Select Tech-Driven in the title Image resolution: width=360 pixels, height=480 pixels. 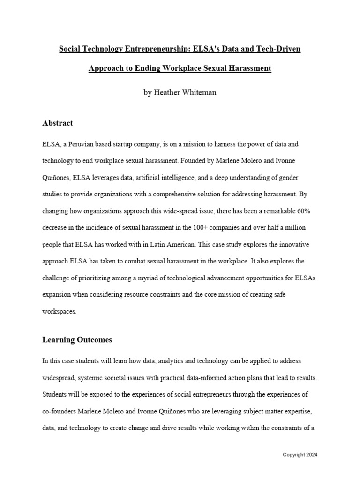coord(280,49)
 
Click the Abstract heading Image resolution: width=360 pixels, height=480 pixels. coord(58,123)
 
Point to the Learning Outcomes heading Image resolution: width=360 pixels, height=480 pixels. coord(77,339)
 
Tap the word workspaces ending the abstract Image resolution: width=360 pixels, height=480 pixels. coord(59,311)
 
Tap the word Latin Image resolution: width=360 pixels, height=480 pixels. coord(140,244)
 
